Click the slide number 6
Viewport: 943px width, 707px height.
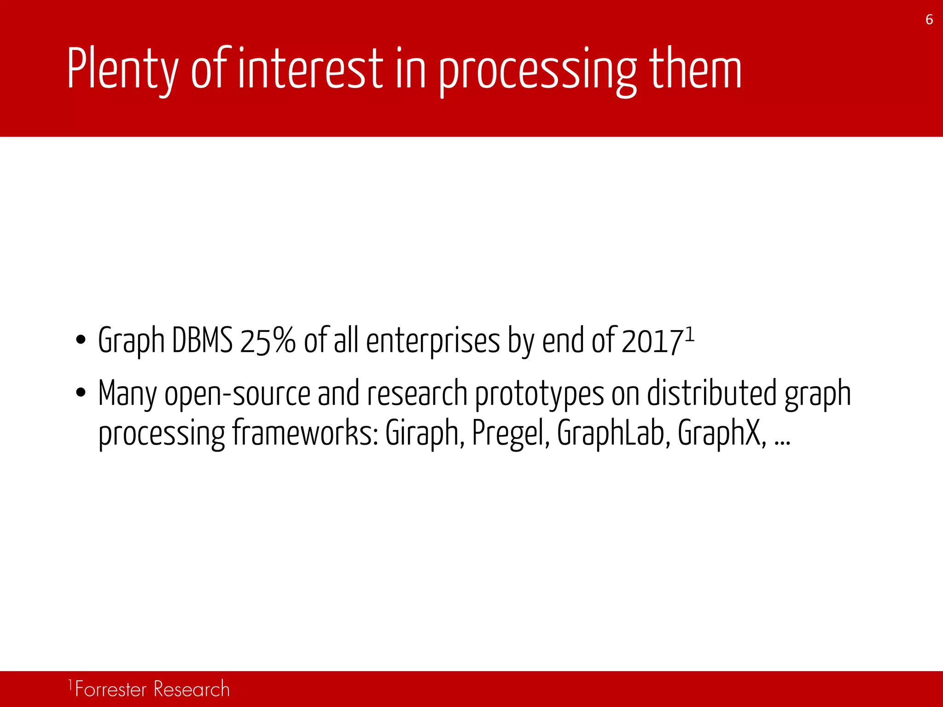tap(929, 20)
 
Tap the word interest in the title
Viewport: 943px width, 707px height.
tap(310, 69)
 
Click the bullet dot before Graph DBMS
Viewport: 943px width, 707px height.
tap(81, 341)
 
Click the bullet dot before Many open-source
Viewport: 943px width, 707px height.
tap(81, 394)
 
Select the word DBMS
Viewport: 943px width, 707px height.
tap(202, 341)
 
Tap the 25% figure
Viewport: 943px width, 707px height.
tap(268, 341)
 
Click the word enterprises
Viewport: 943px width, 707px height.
tap(433, 341)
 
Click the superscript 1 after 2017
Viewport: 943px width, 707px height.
tap(689, 333)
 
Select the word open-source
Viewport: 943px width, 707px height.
tap(238, 394)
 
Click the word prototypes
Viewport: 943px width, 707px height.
tap(539, 394)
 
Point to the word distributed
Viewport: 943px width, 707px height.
tap(712, 393)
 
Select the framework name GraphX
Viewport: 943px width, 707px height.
tap(721, 433)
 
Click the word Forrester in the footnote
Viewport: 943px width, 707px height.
tap(111, 690)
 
